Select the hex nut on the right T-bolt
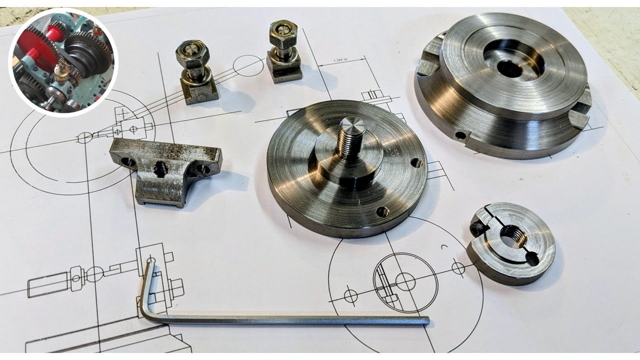[x=283, y=33]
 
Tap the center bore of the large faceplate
[x=510, y=68]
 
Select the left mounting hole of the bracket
[x=127, y=161]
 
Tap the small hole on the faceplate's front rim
[x=460, y=135]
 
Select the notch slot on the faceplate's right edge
[x=580, y=118]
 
